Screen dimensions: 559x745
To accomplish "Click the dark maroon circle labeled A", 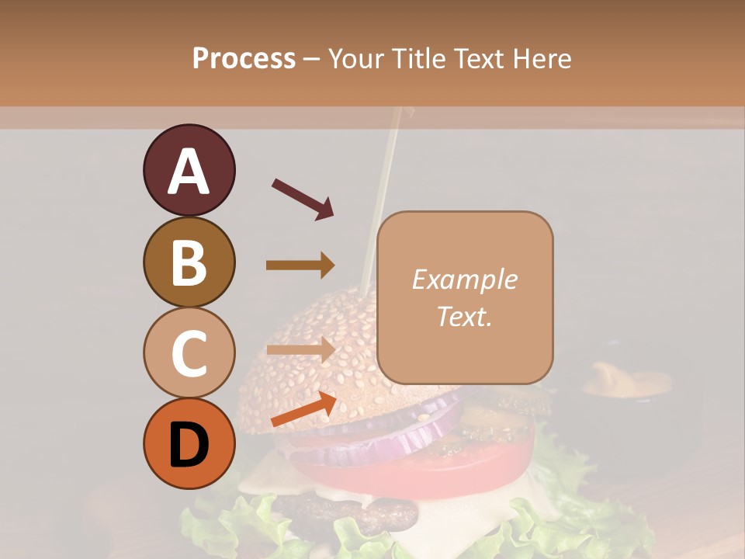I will point(189,170).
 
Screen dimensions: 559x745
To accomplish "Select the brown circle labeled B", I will point(189,262).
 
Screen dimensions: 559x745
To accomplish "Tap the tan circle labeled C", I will point(189,352).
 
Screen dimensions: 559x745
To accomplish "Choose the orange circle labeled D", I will point(189,443).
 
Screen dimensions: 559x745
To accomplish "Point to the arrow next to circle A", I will point(303,199).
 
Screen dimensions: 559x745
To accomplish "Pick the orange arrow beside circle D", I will point(303,409).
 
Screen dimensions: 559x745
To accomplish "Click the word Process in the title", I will point(244,58).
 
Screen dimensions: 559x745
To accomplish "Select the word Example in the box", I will point(464,279).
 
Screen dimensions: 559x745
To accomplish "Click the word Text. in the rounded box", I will point(464,316).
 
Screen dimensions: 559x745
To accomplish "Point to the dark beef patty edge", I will point(349,512).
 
